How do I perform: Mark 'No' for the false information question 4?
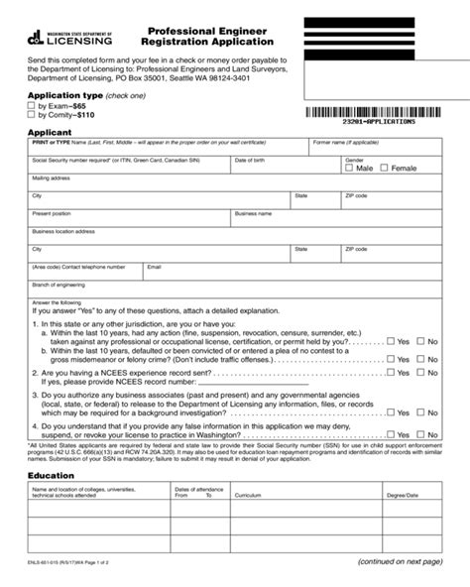[x=421, y=433]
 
